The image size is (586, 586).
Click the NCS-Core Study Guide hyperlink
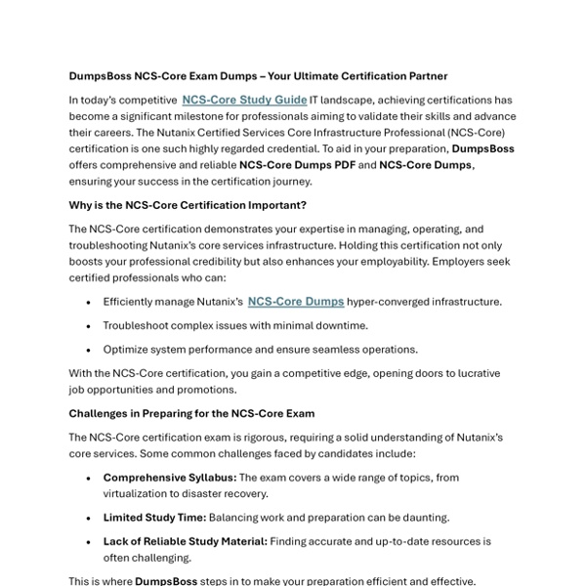pos(244,100)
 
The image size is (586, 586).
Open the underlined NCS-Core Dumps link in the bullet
pos(296,302)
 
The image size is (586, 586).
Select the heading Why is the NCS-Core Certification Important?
pos(188,205)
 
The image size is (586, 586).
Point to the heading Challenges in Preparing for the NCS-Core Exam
pos(191,414)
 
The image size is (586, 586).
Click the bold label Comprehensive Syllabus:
pos(170,478)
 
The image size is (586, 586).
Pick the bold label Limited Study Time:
pos(154,517)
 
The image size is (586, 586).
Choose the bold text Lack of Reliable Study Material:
pos(185,541)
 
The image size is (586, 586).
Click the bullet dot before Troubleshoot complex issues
pos(90,326)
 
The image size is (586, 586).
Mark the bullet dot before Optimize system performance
pos(90,350)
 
